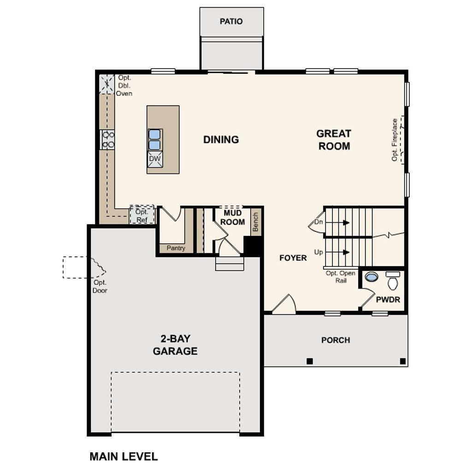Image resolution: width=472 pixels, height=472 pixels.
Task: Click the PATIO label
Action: point(231,21)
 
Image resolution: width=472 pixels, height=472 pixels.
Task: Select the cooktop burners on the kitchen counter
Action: point(108,140)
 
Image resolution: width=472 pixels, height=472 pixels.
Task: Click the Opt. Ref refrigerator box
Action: point(142,215)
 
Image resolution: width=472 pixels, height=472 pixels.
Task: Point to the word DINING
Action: point(221,139)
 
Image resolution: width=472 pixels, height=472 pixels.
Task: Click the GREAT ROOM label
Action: point(334,140)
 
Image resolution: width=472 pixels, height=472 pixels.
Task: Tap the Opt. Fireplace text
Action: point(395,140)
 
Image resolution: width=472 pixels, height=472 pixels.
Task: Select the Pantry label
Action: point(176,248)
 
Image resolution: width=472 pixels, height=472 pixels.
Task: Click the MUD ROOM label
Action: point(232,218)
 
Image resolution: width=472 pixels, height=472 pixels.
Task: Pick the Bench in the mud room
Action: point(255,222)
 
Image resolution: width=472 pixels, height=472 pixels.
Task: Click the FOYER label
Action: point(293,258)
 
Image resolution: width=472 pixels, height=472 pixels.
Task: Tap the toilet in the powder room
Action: point(393,281)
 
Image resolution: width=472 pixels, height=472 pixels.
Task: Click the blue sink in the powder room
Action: point(371,277)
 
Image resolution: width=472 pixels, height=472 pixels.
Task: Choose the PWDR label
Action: point(388,300)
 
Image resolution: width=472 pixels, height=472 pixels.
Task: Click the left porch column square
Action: point(310,360)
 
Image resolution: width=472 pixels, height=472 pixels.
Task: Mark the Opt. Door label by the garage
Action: point(100,286)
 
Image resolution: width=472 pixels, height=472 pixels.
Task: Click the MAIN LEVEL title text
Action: point(123,456)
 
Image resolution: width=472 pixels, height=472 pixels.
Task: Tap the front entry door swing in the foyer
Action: point(285,305)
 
